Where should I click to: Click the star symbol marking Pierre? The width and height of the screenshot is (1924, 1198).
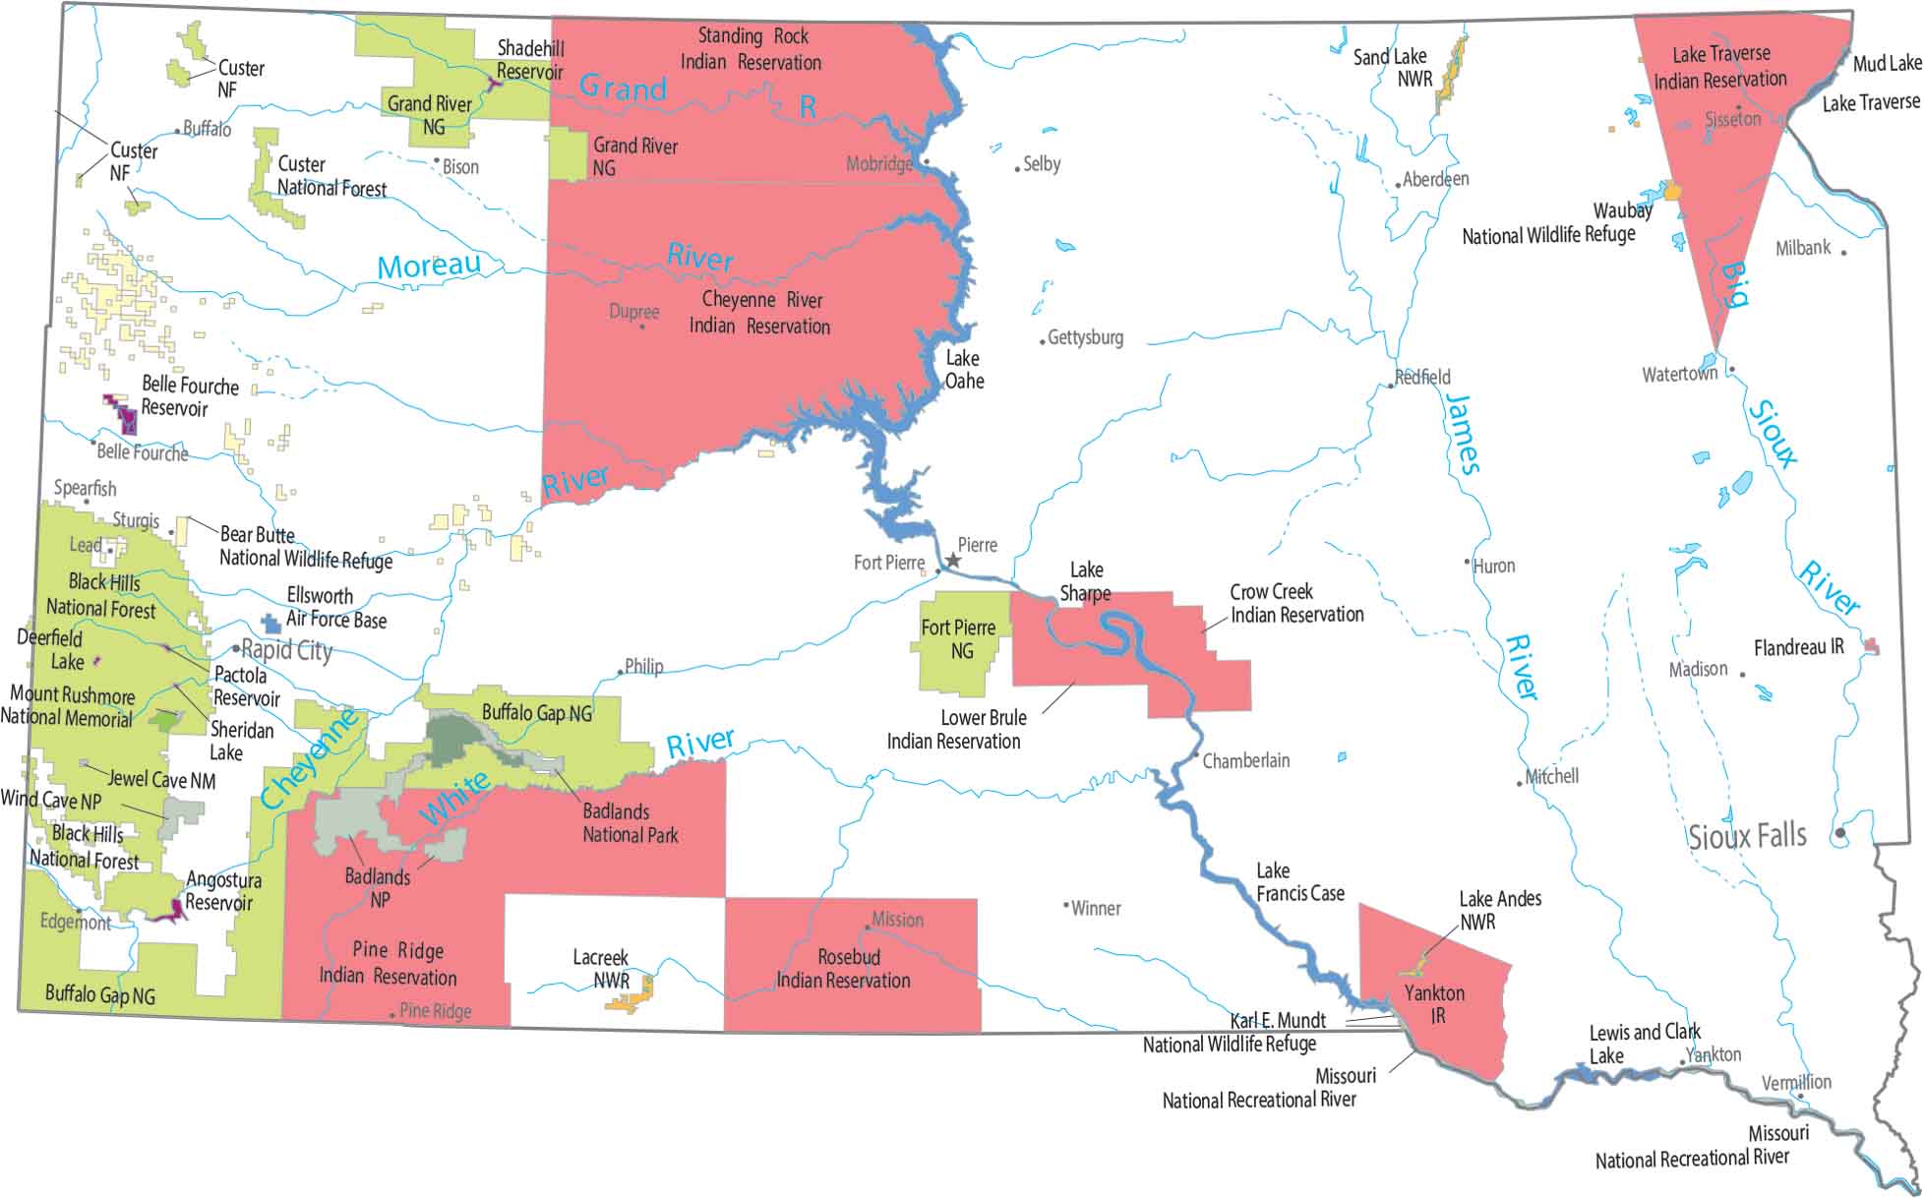click(952, 560)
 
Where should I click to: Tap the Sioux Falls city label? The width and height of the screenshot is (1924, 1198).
click(1747, 837)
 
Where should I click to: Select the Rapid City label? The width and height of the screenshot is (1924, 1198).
click(286, 650)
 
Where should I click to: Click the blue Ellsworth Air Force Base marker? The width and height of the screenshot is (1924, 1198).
click(271, 624)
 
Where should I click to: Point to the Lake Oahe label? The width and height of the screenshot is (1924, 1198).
click(963, 370)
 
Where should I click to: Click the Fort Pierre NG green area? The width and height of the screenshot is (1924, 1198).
click(959, 644)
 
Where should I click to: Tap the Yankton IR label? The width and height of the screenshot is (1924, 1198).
click(1435, 1004)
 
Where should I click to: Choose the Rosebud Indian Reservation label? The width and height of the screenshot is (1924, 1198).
click(844, 969)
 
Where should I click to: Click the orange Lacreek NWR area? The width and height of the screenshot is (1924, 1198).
click(631, 999)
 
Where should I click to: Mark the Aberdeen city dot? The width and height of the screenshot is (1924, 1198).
click(1398, 185)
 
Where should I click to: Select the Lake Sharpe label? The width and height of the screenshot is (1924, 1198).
click(1086, 581)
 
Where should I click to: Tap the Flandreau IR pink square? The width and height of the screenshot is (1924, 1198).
click(1873, 646)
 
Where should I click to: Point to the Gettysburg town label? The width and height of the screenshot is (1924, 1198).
click(1085, 337)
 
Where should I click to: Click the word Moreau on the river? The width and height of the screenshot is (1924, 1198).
click(429, 266)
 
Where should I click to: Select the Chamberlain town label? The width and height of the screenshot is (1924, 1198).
click(1245, 760)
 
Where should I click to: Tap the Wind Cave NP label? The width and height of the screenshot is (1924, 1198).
click(51, 800)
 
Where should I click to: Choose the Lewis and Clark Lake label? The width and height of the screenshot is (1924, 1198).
click(1645, 1044)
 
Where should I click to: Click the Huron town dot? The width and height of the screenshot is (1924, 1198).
click(1468, 562)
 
